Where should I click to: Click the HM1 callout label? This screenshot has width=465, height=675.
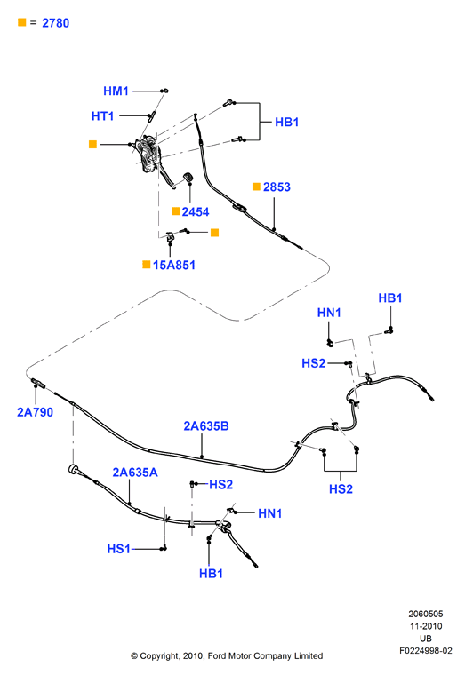coord(116,91)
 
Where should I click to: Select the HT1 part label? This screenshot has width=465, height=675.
coord(102,115)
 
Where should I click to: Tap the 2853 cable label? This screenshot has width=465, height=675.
coord(277,187)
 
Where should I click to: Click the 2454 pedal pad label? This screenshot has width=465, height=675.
coord(196,211)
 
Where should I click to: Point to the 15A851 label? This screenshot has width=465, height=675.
coord(174,265)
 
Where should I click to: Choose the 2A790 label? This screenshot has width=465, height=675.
coord(35,412)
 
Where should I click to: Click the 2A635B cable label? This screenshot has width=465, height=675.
coord(206,425)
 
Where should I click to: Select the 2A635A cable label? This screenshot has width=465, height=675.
coord(135,472)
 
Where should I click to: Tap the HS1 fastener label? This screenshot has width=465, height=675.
coord(118,549)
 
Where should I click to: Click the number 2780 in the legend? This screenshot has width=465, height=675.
coord(56,23)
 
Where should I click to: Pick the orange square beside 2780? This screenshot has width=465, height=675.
coord(22,22)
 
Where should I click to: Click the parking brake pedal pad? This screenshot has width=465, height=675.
coord(188,177)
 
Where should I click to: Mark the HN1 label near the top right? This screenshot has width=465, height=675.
coord(329,313)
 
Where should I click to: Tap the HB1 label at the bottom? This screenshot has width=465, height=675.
coord(211,574)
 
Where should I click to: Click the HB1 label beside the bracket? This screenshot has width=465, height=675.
coord(286,122)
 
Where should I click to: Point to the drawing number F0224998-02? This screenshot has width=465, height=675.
coord(426,650)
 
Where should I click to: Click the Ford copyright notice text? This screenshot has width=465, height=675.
coord(227,656)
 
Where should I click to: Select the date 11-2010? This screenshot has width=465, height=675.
coord(426,626)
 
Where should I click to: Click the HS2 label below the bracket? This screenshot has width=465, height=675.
coord(341,489)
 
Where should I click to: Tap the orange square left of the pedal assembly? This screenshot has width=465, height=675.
coord(92,144)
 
